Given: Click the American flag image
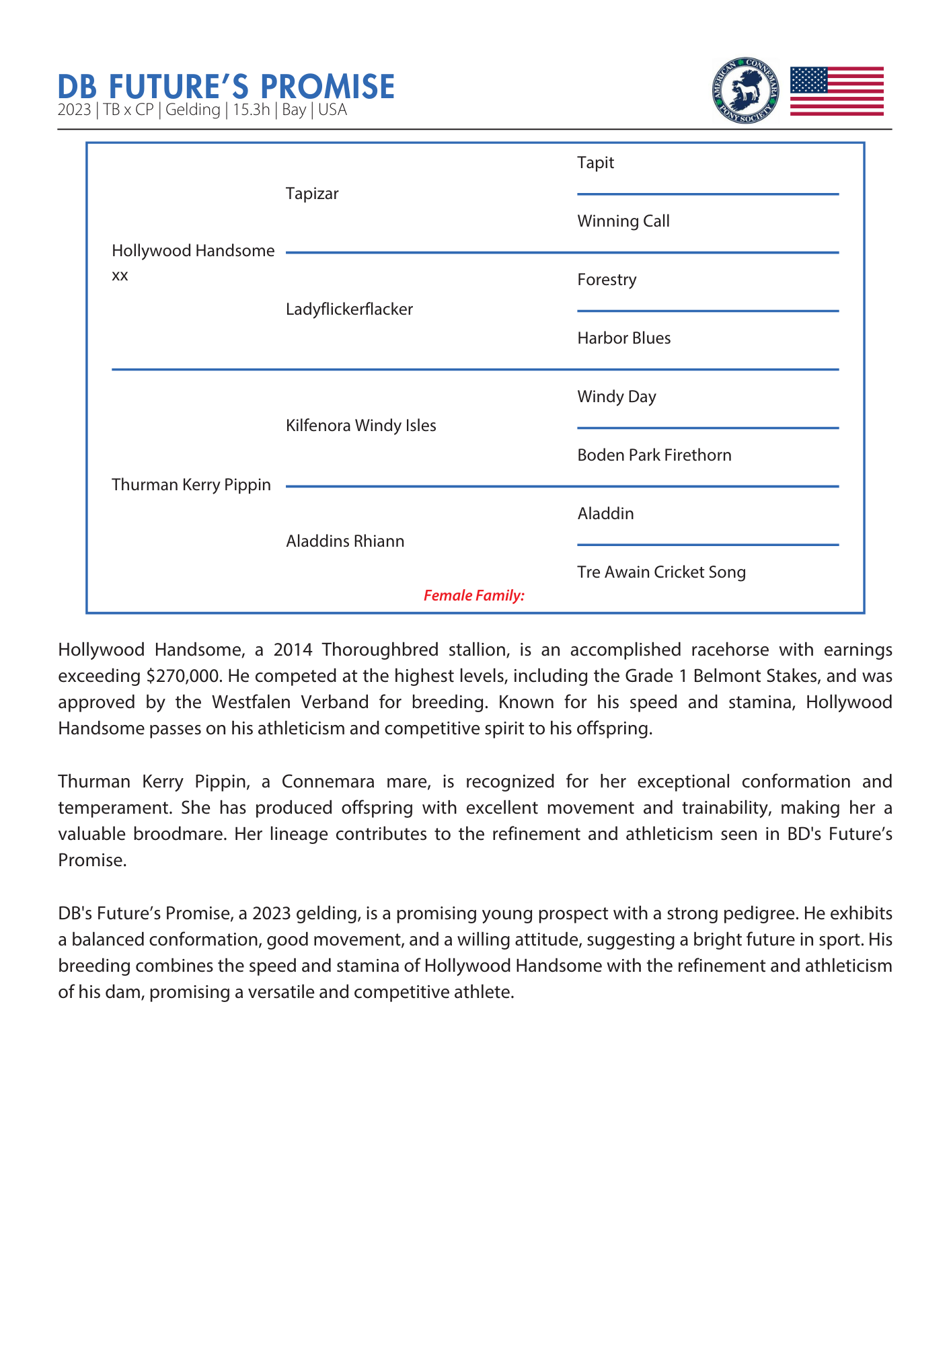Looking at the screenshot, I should [x=836, y=91].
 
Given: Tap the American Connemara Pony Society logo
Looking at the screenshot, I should [x=745, y=91].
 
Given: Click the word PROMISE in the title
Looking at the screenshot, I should [x=327, y=87].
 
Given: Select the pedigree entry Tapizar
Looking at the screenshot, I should [x=312, y=194].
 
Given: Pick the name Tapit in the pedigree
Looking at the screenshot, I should [x=595, y=163].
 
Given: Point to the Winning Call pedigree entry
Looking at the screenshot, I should [x=623, y=221].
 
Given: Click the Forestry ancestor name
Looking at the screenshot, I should [x=606, y=280].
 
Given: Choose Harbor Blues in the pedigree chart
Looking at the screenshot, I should [x=623, y=338].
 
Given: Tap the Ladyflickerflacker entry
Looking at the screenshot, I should [x=349, y=309].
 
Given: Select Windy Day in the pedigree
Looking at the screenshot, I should [x=616, y=397].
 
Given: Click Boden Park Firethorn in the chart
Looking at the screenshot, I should [x=654, y=455].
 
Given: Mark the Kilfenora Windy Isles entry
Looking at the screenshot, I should [x=360, y=426].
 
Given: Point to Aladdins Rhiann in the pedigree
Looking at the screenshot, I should [x=345, y=541].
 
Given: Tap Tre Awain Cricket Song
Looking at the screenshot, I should [x=661, y=572].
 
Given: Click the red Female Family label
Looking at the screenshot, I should [x=473, y=595].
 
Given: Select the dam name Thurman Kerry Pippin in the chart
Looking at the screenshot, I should [x=191, y=485].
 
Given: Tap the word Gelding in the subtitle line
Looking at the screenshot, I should [x=192, y=110].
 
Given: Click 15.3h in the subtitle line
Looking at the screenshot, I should [x=251, y=110].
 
